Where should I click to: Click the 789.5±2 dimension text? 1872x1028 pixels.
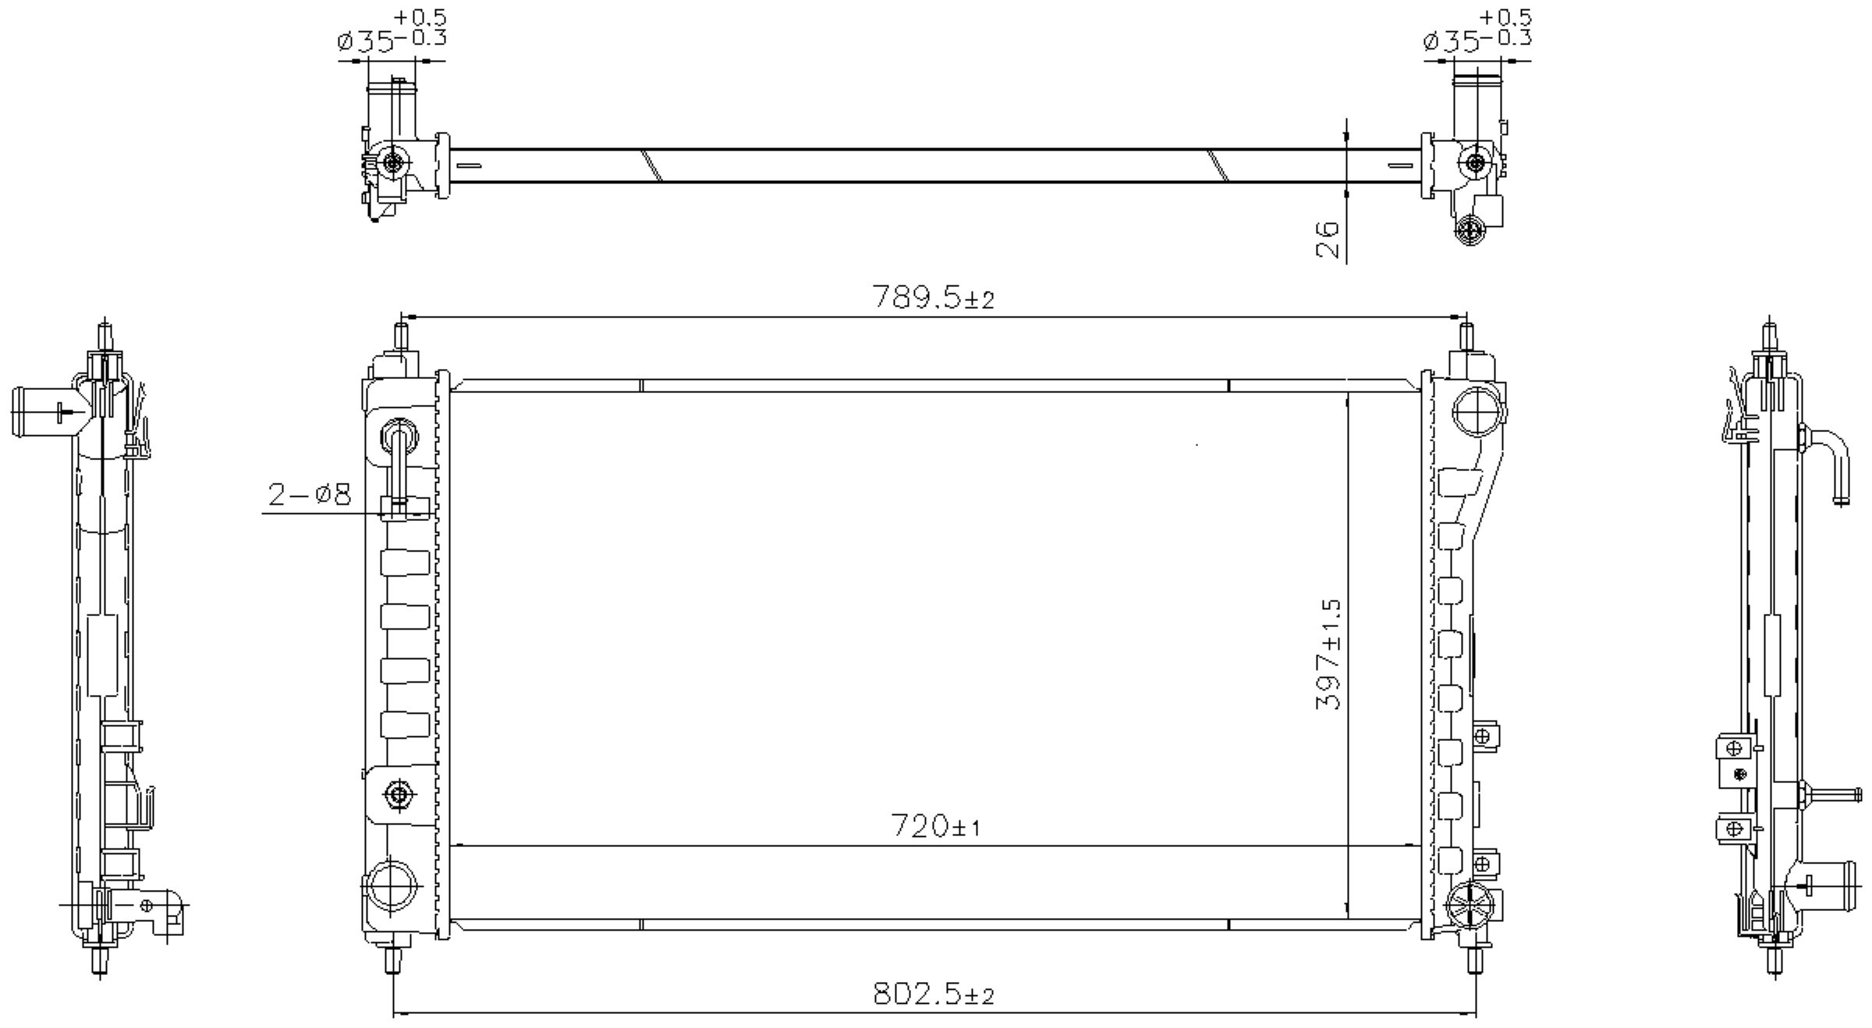tap(933, 297)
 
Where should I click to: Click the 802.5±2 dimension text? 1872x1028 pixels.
tap(933, 994)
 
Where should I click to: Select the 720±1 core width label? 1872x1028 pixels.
tap(934, 827)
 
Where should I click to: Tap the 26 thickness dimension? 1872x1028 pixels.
tap(1328, 239)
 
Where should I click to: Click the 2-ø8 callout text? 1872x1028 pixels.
tap(310, 495)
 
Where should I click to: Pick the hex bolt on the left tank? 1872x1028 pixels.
tap(399, 795)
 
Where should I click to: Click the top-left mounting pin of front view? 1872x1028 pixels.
tap(402, 339)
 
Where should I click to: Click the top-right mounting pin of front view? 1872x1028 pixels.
tap(1466, 339)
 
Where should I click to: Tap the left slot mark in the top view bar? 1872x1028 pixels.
tap(468, 165)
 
